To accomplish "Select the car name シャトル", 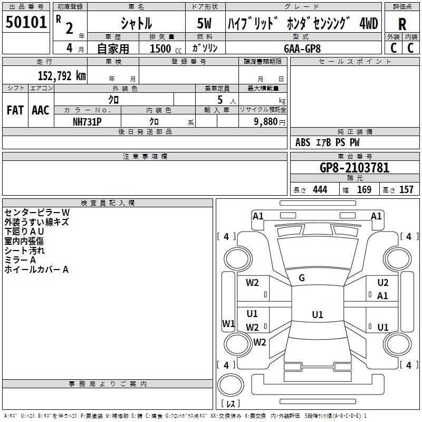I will [137, 23].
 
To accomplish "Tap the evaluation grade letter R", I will [402, 24].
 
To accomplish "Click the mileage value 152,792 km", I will [62, 75].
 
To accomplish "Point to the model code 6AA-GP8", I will [302, 48].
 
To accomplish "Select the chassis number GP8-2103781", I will [354, 168].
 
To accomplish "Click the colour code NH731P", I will [87, 120].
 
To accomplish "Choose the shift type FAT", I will [15, 110].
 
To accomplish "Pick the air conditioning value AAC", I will [41, 110].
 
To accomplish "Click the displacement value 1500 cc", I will [161, 49].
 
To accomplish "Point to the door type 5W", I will [205, 24].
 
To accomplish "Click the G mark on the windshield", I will [302, 278].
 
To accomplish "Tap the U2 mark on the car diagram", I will [382, 283].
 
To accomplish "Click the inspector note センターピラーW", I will [44, 212].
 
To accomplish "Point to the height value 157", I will [406, 190].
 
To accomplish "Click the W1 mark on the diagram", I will [228, 323].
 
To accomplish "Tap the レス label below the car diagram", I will [231, 404].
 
